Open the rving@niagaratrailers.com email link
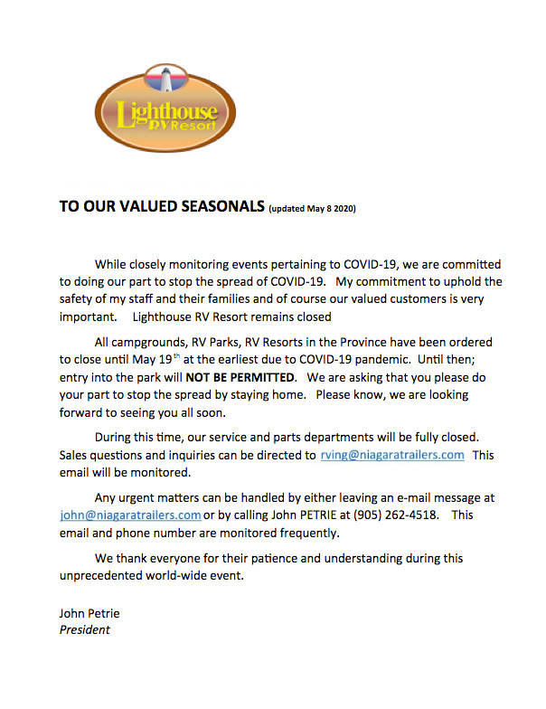coord(392,455)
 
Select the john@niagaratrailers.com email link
coord(130,515)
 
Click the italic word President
coord(85,630)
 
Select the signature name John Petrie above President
coord(89,613)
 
